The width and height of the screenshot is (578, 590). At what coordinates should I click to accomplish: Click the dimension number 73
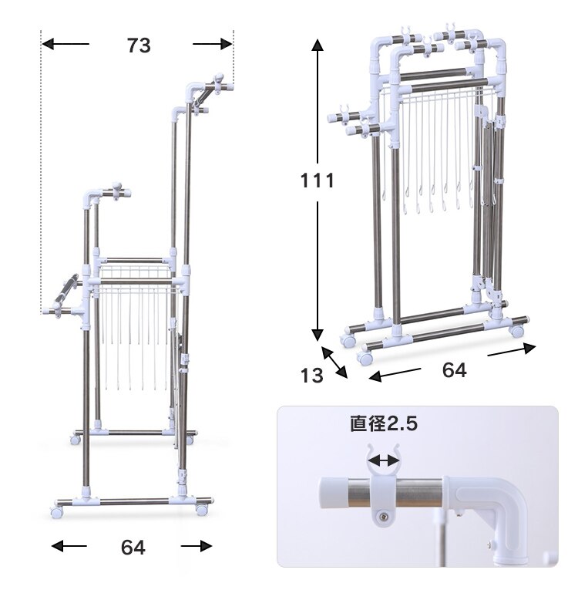coord(139,46)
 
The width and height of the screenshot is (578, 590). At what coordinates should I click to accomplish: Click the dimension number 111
coord(318,180)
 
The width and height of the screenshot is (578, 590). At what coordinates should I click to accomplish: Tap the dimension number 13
coord(312,376)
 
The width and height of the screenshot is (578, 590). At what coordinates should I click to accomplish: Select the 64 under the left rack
coord(133,548)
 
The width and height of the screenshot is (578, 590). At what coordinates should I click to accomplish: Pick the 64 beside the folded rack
coord(454,370)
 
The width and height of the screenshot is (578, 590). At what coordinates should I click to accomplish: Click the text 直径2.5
coord(384,423)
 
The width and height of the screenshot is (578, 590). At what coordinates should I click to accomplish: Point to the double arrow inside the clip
coord(383,460)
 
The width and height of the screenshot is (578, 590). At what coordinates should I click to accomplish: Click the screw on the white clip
coord(382,516)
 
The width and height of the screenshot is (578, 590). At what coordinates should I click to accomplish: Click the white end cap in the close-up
coord(333,493)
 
